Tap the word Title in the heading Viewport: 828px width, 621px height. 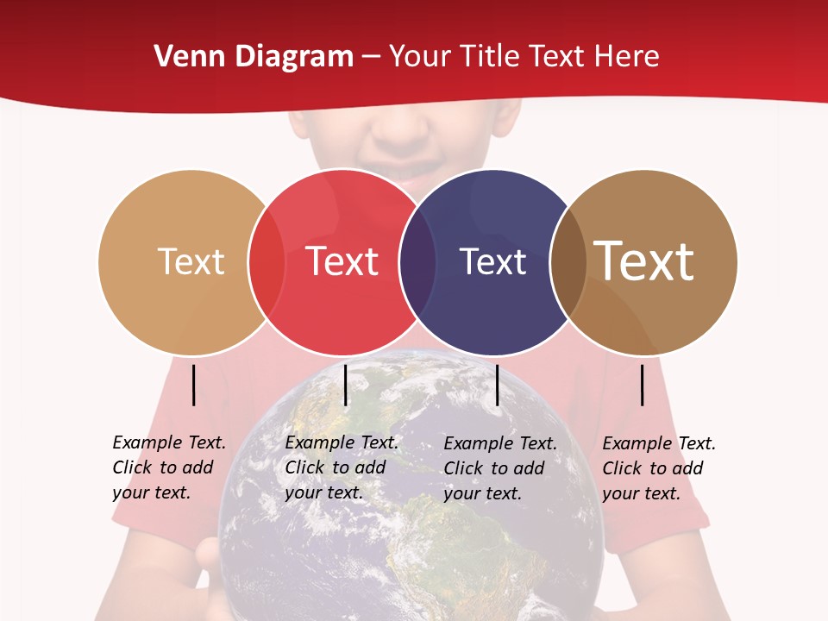click(x=490, y=57)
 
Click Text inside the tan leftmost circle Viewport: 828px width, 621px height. click(x=191, y=261)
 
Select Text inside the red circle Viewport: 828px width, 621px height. click(x=342, y=261)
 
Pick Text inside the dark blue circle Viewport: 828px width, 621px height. click(x=492, y=261)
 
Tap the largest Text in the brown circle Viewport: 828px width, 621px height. click(x=643, y=260)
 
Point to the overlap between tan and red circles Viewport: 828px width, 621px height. click(x=267, y=262)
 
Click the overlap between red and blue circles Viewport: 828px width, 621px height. click(x=417, y=262)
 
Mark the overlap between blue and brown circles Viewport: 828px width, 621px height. click(x=568, y=262)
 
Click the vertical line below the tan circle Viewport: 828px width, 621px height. click(x=194, y=385)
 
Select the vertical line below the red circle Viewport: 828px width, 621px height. click(x=345, y=385)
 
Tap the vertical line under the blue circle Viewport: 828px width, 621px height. click(x=497, y=385)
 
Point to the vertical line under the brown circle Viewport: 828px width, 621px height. click(x=643, y=385)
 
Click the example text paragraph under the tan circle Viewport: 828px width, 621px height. click(x=168, y=467)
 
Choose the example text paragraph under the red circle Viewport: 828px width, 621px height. click(x=341, y=467)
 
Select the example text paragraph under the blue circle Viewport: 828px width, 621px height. click(x=499, y=468)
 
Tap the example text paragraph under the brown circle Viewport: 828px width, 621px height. click(x=658, y=468)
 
